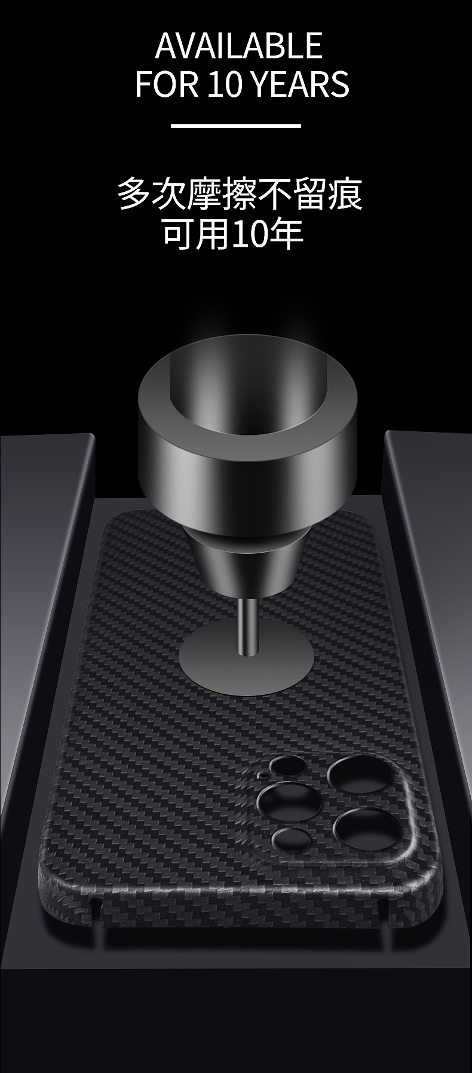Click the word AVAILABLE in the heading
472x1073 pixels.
coord(239,46)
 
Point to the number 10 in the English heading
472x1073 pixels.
coord(225,84)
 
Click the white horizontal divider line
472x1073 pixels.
coord(236,125)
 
